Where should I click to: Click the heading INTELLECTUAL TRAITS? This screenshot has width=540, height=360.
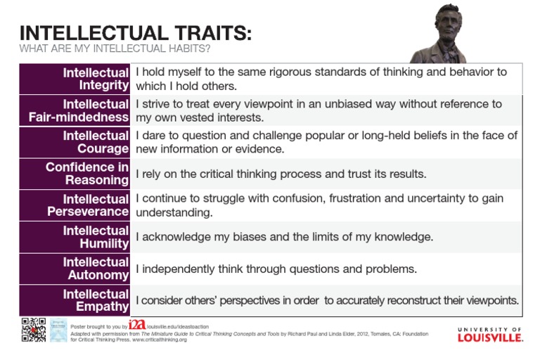[135, 33]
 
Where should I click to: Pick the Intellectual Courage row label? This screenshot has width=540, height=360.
[96, 142]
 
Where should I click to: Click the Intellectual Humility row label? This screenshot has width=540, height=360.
[96, 237]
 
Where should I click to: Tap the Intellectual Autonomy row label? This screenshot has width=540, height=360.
[96, 269]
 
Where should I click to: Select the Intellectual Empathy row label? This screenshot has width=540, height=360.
[96, 300]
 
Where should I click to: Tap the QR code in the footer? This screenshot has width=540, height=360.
[34, 330]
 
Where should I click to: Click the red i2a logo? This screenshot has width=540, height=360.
[137, 324]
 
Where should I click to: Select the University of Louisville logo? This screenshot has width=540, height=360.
[489, 334]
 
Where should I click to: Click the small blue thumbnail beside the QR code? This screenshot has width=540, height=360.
[58, 330]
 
